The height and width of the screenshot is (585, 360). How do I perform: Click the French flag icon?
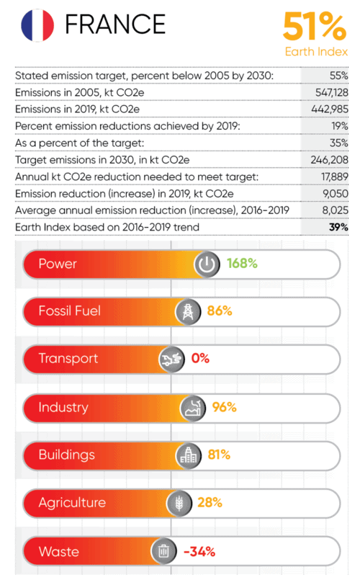[x=37, y=25]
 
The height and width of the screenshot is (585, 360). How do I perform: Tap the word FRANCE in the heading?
[x=115, y=24]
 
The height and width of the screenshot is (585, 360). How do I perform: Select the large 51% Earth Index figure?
[x=315, y=26]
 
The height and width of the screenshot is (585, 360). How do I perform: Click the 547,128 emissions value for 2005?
[x=332, y=92]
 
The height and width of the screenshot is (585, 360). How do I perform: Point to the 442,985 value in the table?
[x=330, y=110]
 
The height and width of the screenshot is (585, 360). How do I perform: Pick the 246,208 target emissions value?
[x=330, y=160]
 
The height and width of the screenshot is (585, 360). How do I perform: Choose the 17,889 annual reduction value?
[x=335, y=177]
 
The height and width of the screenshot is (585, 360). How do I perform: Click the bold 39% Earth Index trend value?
[x=338, y=227]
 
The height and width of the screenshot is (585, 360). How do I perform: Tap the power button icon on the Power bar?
[x=207, y=264]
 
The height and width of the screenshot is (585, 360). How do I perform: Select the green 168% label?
[x=242, y=264]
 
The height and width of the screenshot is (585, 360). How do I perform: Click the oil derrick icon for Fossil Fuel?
[x=188, y=312]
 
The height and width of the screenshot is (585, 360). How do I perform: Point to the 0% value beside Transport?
[x=200, y=358]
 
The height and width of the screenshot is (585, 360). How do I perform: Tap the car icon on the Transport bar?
[x=171, y=360]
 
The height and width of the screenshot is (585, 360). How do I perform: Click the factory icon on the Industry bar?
[x=193, y=408]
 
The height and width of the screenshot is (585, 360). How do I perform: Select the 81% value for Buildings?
[x=219, y=455]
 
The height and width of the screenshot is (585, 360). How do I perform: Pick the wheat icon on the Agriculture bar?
[x=179, y=504]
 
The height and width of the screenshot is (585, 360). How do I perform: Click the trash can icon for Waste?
[x=163, y=551]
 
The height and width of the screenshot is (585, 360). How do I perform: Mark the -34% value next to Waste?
[x=199, y=551]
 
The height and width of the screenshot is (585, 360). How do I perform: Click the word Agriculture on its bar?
[x=72, y=503]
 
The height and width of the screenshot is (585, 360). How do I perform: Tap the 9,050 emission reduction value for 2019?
[x=336, y=194]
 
